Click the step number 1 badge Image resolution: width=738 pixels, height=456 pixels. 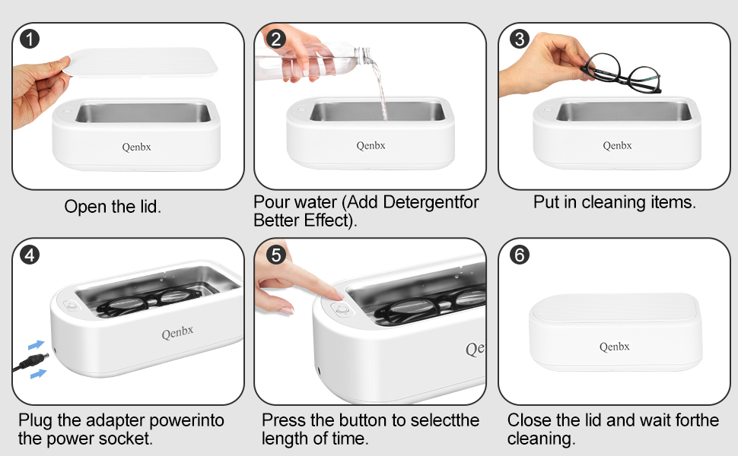pos(30,39)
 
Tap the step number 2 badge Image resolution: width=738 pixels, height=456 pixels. pos(276,39)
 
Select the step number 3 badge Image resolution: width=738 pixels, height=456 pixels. pos(520,39)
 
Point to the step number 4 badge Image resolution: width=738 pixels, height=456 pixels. pos(30,255)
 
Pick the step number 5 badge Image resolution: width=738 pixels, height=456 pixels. pos(276,255)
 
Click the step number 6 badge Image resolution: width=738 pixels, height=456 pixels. pos(520,255)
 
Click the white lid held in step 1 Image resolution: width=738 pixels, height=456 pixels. pos(142,62)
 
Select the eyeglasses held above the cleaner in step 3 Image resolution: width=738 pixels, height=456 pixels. pos(622,73)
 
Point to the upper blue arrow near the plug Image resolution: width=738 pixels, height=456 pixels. pos(37,345)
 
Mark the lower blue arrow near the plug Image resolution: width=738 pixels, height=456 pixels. pos(39,374)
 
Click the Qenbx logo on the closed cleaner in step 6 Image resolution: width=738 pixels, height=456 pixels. pos(614,347)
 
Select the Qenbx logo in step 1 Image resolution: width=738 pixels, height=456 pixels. pos(136,147)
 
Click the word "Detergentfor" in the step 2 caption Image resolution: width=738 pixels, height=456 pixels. pos(431,202)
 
